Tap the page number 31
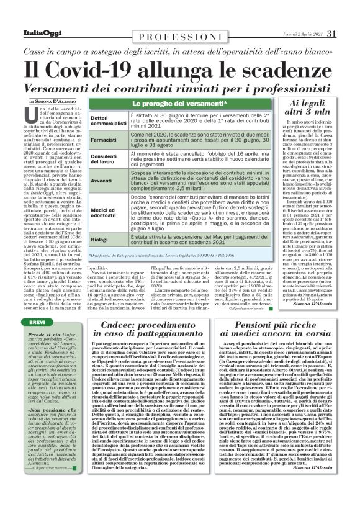(x=331, y=33)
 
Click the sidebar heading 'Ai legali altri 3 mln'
(x=313, y=109)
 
